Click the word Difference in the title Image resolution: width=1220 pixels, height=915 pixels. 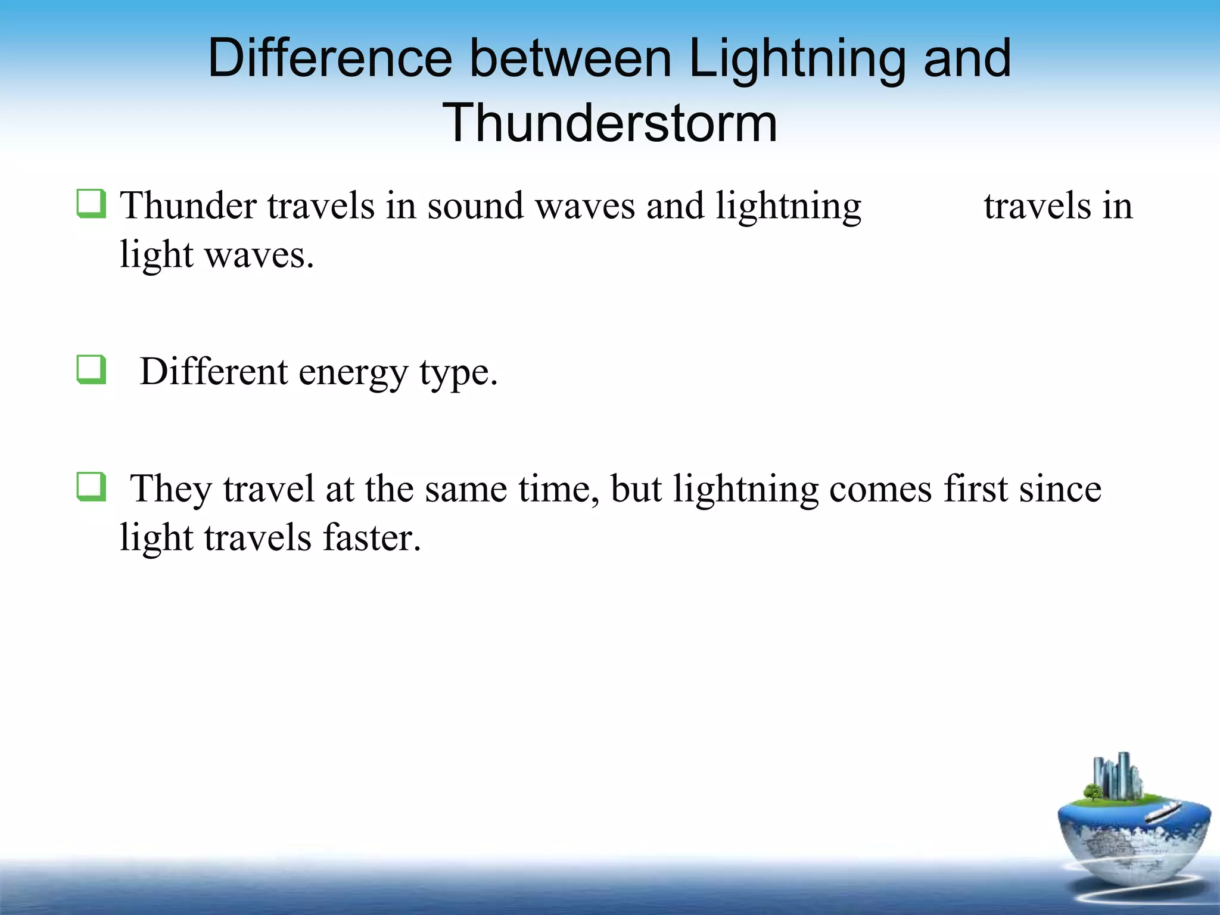click(330, 58)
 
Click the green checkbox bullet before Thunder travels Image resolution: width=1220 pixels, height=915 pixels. click(92, 204)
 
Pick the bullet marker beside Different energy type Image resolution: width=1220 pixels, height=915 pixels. click(92, 369)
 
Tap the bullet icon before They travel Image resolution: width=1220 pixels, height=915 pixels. click(92, 487)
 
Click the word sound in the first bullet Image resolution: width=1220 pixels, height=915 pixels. click(475, 206)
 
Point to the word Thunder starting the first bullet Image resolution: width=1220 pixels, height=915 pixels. click(188, 206)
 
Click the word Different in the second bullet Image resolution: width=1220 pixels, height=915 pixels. click(213, 372)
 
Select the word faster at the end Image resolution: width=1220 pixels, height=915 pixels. click(372, 538)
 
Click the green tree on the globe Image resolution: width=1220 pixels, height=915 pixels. click(1093, 792)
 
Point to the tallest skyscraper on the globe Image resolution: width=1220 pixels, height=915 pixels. click(1124, 774)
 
